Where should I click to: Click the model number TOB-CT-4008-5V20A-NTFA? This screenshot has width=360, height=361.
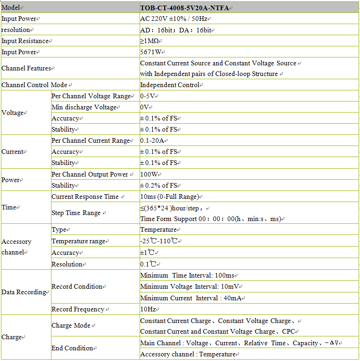point(186,8)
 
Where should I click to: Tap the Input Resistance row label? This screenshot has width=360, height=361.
point(26,41)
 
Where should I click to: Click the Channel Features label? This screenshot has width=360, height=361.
point(26,68)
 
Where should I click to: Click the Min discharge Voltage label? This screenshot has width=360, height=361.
point(84,108)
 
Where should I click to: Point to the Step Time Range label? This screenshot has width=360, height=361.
point(77,213)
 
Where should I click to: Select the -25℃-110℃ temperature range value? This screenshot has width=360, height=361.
point(160,241)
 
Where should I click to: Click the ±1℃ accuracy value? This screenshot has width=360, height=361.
point(148,253)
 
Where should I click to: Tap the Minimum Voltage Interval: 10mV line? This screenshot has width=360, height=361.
point(190,287)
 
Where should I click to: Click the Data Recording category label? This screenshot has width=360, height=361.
point(24,292)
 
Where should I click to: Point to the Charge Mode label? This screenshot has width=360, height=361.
point(71,326)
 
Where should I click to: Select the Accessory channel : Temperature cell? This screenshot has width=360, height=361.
point(187,355)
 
